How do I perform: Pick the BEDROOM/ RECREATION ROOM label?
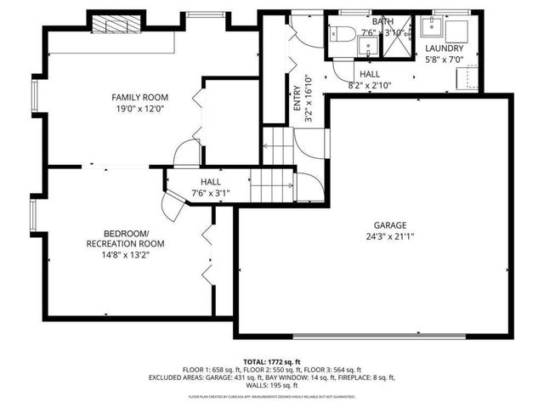pyautogui.click(x=125, y=239)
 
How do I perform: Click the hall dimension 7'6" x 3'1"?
pyautogui.click(x=210, y=194)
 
